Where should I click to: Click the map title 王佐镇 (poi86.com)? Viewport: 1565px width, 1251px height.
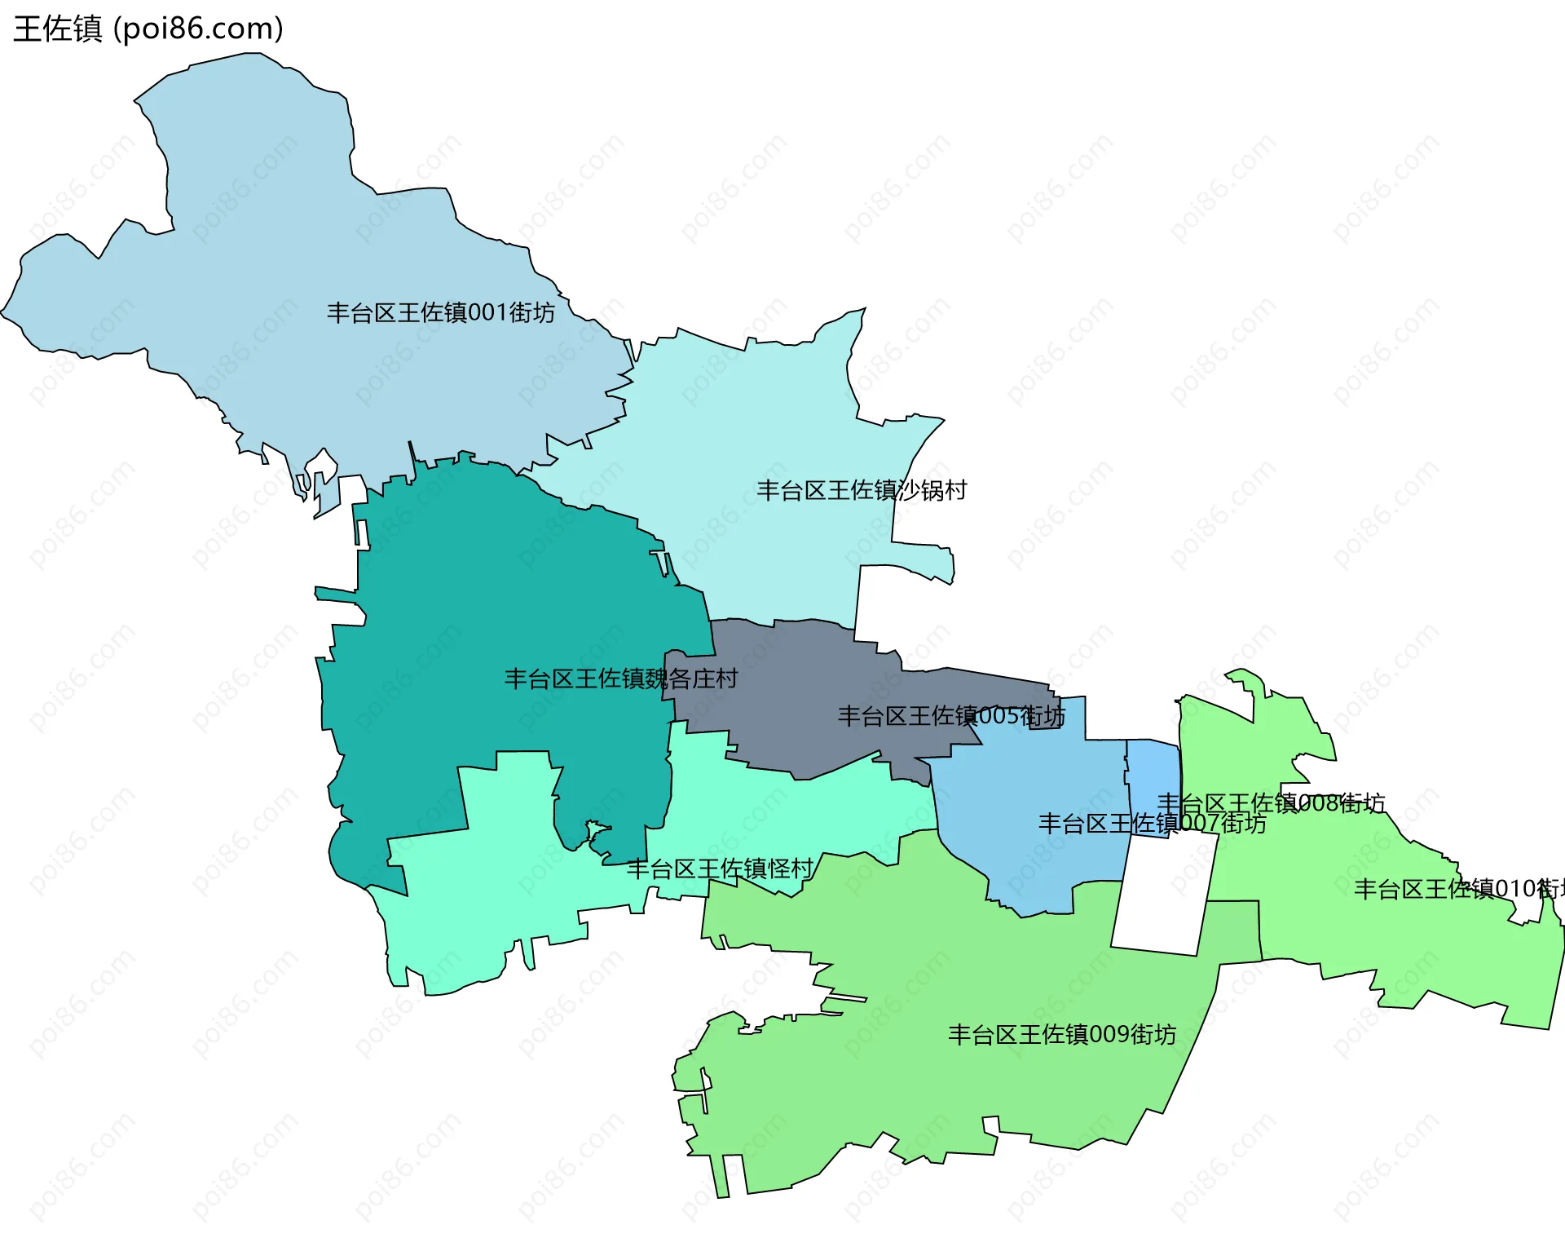148,29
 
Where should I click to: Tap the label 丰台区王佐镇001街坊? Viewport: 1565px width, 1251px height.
440,312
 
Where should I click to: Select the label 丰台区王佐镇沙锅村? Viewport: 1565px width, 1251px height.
862,490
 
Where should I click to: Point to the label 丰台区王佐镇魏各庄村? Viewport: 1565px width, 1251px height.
621,679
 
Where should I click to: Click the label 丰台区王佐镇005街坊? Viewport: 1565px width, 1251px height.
951,716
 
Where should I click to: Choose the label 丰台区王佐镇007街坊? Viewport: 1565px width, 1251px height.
1152,824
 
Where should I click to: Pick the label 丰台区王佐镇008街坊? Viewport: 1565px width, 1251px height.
1271,803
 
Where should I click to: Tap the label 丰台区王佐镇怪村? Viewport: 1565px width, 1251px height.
720,869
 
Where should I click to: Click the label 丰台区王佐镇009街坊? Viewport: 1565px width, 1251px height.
1061,1034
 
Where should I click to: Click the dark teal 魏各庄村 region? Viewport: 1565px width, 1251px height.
489,620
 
